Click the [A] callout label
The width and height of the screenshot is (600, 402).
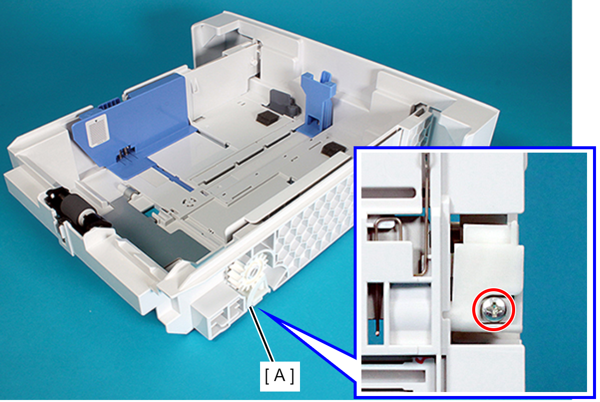click(x=280, y=376)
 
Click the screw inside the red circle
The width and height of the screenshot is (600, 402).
click(x=493, y=310)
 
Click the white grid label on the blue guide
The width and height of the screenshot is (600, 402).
click(x=97, y=130)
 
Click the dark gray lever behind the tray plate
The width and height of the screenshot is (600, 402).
click(x=284, y=103)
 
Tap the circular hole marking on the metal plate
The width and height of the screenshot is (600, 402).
click(x=189, y=201)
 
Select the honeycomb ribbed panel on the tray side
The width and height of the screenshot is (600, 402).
click(x=313, y=222)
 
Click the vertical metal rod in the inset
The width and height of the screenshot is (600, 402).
click(x=425, y=214)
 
